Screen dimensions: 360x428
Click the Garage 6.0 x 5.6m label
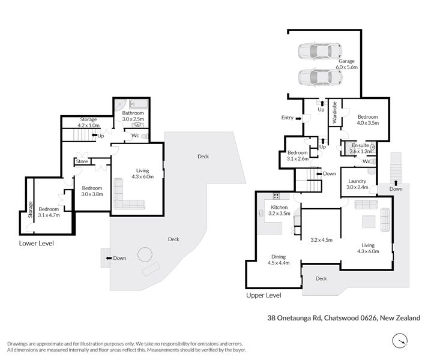(x=347, y=64)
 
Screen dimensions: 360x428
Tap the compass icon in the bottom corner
(x=399, y=342)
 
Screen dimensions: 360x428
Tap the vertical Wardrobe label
(x=334, y=113)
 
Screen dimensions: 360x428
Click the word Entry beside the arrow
(x=287, y=118)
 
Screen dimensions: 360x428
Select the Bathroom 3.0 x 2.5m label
(x=133, y=116)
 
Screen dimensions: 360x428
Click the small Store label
(x=82, y=161)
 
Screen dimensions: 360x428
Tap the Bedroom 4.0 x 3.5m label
(x=367, y=120)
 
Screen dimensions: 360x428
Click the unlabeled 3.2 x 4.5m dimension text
(x=321, y=239)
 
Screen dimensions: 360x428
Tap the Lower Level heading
(x=36, y=244)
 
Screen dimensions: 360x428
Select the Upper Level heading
(x=264, y=296)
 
